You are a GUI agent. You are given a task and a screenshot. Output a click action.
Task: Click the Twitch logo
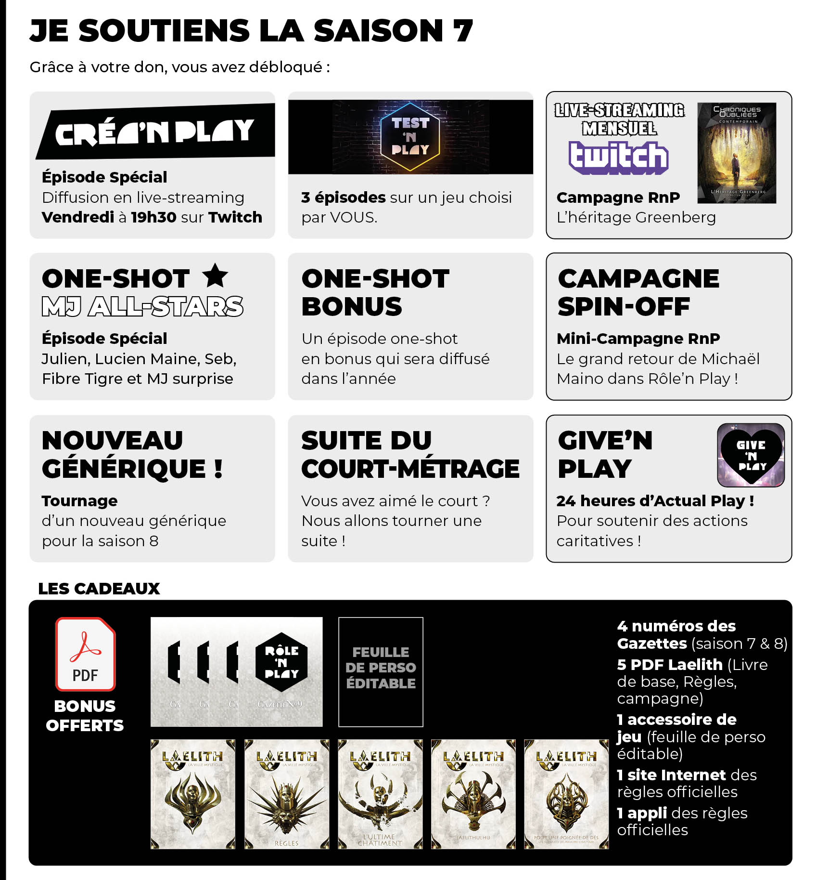pyautogui.click(x=618, y=158)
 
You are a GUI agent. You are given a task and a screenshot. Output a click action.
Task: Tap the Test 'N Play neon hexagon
pyautogui.click(x=410, y=137)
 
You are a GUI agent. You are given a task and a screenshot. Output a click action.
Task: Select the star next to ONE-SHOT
pyautogui.click(x=215, y=276)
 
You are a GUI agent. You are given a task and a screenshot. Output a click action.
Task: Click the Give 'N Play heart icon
pyautogui.click(x=751, y=455)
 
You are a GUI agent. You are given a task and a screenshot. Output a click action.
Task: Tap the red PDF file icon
pyautogui.click(x=85, y=654)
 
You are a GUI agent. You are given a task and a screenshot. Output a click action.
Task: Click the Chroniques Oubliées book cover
pyautogui.click(x=736, y=153)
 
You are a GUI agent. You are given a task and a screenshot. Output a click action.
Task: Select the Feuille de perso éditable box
pyautogui.click(x=381, y=671)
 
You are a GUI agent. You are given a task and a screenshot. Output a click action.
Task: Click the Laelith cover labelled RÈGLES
pyautogui.click(x=287, y=794)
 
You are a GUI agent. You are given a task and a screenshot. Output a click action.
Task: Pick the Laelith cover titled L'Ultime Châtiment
pyautogui.click(x=380, y=794)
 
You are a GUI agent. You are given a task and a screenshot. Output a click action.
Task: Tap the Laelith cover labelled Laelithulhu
pyautogui.click(x=473, y=794)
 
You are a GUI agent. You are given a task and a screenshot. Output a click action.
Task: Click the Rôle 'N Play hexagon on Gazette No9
pyautogui.click(x=281, y=662)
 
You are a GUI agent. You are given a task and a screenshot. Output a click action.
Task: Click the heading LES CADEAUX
pyautogui.click(x=99, y=588)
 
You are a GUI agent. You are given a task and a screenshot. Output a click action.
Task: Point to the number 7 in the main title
pyautogui.click(x=463, y=30)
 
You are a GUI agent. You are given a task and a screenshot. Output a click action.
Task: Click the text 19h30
pyautogui.click(x=153, y=217)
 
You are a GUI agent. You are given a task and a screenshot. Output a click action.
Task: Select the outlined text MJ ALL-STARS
pyautogui.click(x=142, y=307)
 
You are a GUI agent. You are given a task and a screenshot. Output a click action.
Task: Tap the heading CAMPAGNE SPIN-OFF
pyautogui.click(x=638, y=292)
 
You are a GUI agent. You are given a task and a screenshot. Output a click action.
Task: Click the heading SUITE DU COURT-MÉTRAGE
pyautogui.click(x=410, y=455)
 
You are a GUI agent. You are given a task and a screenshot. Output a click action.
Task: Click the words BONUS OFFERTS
pyautogui.click(x=85, y=716)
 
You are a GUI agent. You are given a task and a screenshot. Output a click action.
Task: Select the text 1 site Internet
pyautogui.click(x=671, y=775)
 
